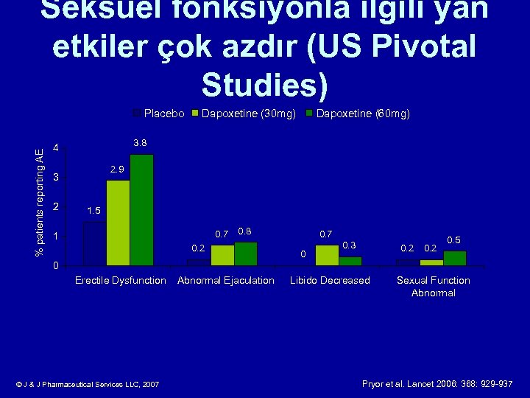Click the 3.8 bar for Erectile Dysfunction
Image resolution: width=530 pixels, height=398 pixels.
(x=141, y=209)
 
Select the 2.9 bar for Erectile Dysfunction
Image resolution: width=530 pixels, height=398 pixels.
(x=118, y=222)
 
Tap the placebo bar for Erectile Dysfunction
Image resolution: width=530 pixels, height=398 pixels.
(x=94, y=242)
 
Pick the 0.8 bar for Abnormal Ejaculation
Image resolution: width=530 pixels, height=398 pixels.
(x=245, y=254)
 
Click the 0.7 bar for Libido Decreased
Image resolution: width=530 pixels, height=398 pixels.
(x=327, y=255)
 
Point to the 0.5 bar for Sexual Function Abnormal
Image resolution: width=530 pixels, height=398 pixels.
(x=454, y=258)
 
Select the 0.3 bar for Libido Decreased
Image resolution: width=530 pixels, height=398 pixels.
(x=350, y=261)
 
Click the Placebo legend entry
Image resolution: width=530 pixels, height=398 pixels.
(x=158, y=114)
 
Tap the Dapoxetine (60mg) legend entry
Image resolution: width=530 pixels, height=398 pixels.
(x=357, y=114)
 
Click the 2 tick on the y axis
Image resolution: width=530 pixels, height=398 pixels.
(x=56, y=207)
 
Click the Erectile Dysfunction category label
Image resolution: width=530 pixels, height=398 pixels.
(x=121, y=280)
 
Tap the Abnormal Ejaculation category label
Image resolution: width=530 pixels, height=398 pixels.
(x=226, y=280)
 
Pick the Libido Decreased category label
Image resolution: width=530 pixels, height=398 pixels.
(x=330, y=280)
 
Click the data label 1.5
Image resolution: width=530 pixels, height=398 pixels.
(x=93, y=211)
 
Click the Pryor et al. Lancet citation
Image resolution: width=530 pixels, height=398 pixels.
(x=437, y=383)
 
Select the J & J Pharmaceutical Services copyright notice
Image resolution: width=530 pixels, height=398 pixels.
(x=88, y=384)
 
